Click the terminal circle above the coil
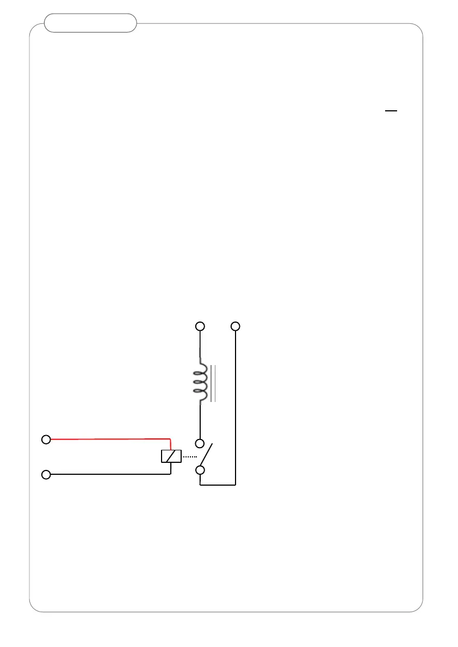(200, 326)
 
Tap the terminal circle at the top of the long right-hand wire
(235, 326)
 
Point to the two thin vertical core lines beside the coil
(214, 384)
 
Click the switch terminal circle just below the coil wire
(200, 443)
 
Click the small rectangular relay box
(171, 456)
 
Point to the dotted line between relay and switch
(189, 457)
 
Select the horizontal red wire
(109, 438)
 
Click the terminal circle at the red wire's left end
(47, 439)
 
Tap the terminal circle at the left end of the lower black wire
(47, 475)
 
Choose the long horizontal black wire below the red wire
(109, 474)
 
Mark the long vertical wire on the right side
(236, 407)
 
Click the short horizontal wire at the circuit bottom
(218, 485)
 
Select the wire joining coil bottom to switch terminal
(200, 421)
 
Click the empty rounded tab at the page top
(90, 23)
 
